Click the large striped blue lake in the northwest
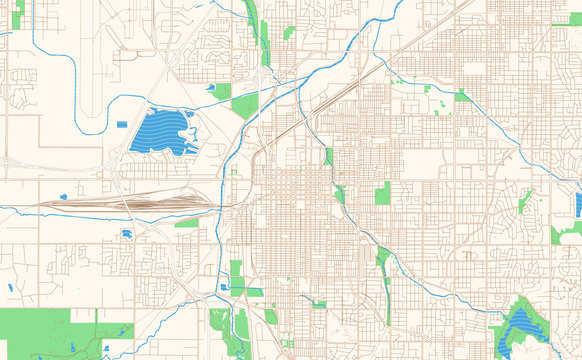click(x=160, y=130)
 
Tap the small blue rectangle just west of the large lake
click(x=122, y=124)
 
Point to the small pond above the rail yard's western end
click(x=63, y=196)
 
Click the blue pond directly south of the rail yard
click(x=127, y=234)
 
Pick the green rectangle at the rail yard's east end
click(x=187, y=223)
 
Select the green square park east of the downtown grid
click(x=382, y=193)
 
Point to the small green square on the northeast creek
click(x=462, y=97)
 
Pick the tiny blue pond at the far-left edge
click(x=10, y=288)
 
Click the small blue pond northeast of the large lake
click(x=212, y=87)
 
